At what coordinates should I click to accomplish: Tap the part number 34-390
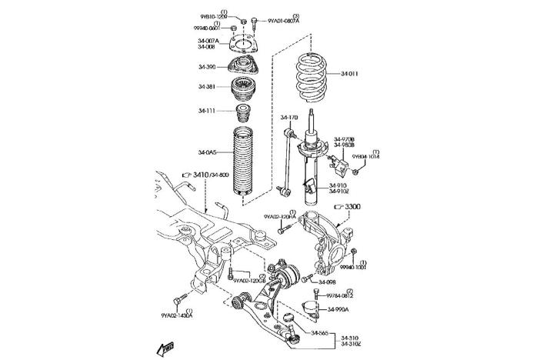207,67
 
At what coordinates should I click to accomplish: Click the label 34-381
207,87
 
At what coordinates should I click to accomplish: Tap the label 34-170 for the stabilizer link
288,118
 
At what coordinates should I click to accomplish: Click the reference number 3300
352,207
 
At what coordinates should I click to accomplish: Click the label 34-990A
338,310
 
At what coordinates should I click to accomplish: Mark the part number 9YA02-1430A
176,315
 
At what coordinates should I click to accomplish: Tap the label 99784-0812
339,295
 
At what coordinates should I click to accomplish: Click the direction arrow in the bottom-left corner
165,348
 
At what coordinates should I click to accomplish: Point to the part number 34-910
338,185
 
